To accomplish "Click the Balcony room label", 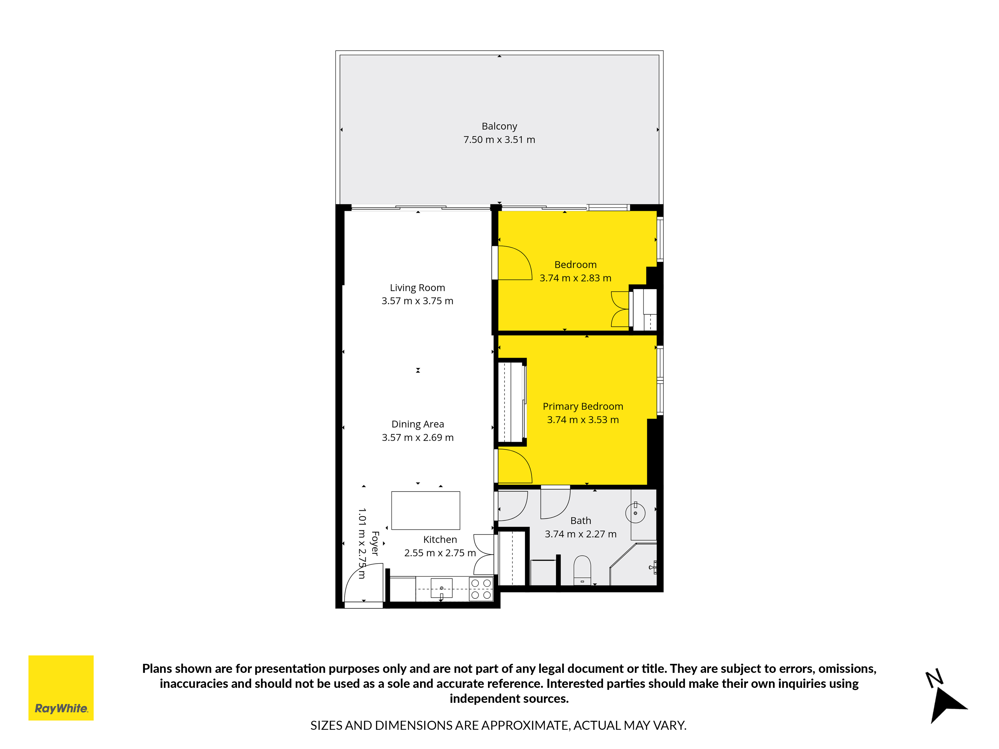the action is (499, 126).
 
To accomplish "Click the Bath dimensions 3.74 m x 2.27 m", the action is (580, 534).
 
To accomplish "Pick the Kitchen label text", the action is (440, 540).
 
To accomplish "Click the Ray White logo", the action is (61, 688).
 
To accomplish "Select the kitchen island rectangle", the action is (425, 510).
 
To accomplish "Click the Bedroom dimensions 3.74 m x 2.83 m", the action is (575, 278).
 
